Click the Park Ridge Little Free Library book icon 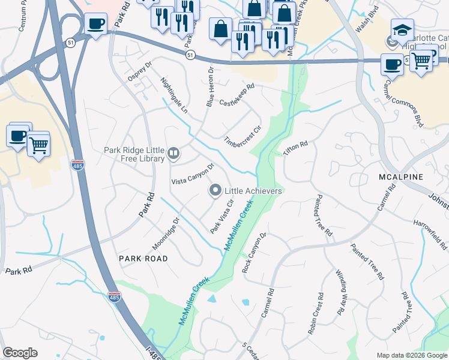173,154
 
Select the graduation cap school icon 402,30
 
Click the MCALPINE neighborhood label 402,177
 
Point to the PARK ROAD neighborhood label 143,258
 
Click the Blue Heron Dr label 210,88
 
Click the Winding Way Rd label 340,292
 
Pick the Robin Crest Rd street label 316,313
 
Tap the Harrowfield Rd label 430,235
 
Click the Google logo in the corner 20,353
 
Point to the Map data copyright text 411,355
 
